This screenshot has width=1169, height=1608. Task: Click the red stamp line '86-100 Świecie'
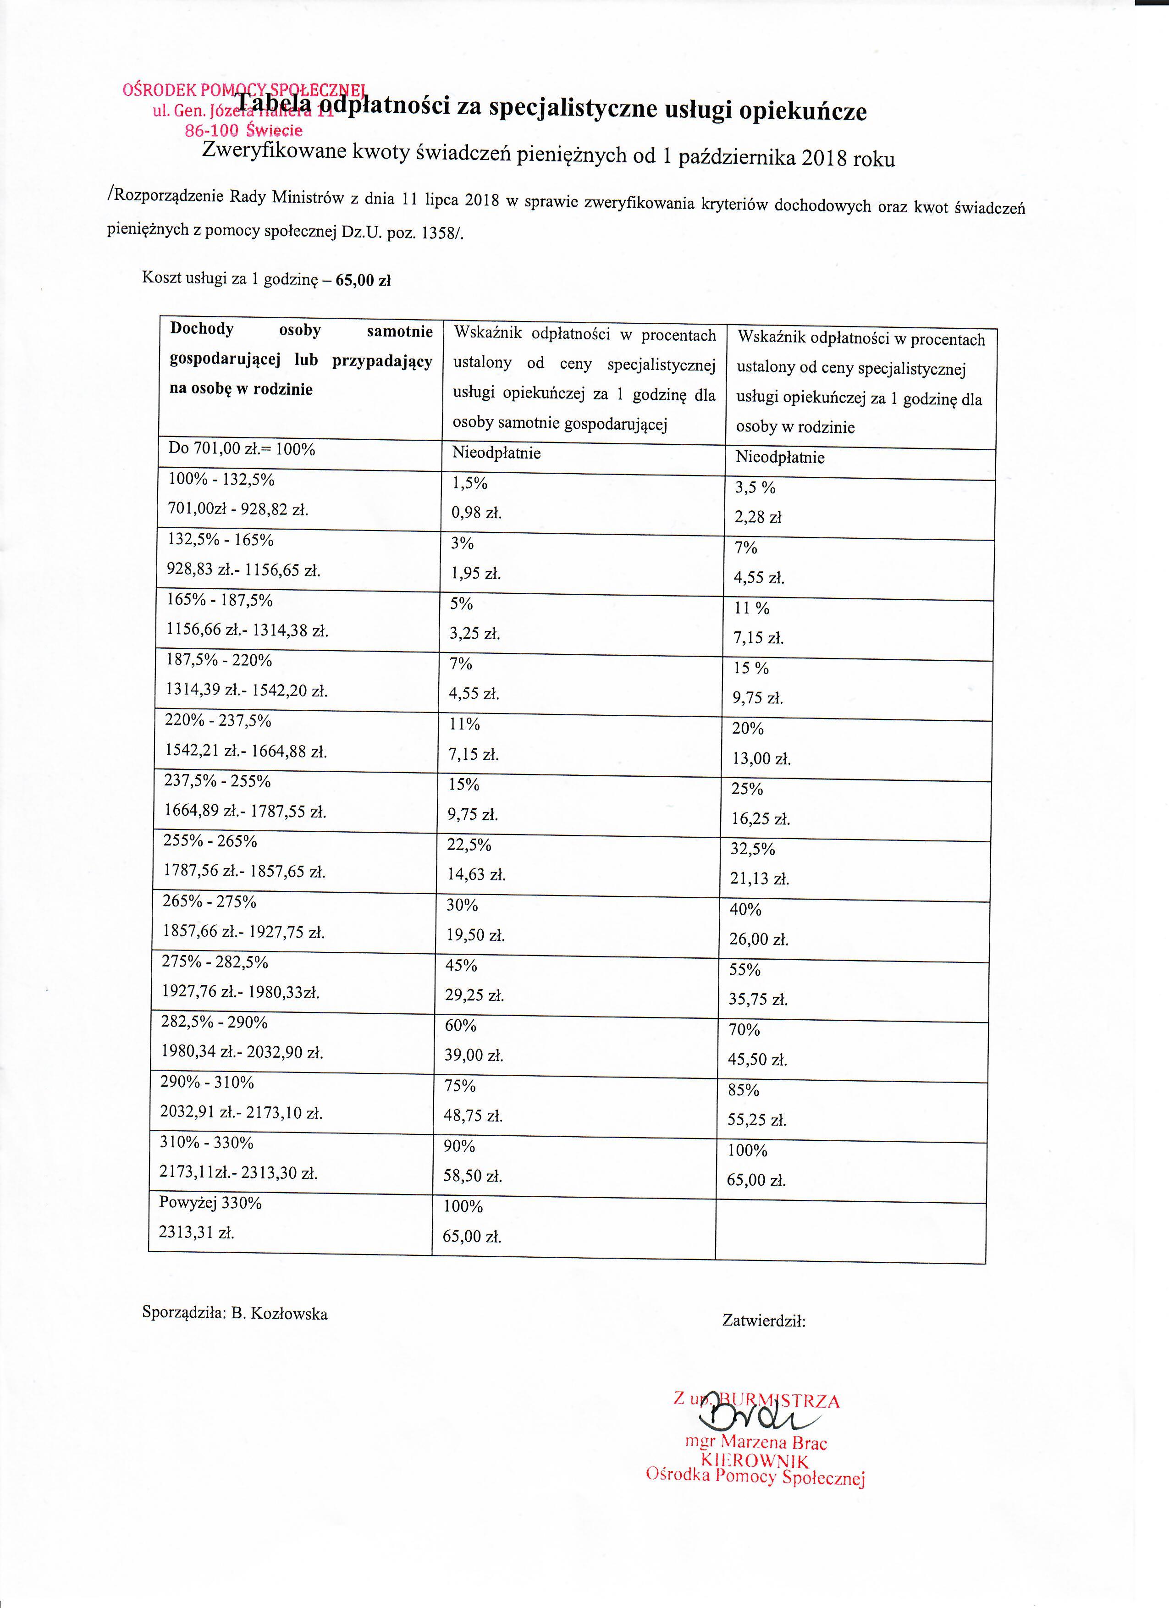coord(243,131)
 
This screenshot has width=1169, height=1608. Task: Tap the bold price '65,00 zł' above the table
coord(363,280)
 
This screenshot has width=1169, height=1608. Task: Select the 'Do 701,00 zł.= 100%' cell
coord(241,449)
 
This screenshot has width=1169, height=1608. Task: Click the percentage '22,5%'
coord(469,845)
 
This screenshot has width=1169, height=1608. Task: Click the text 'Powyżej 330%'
coord(210,1203)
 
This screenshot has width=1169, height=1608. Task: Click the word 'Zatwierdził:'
coord(763,1320)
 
